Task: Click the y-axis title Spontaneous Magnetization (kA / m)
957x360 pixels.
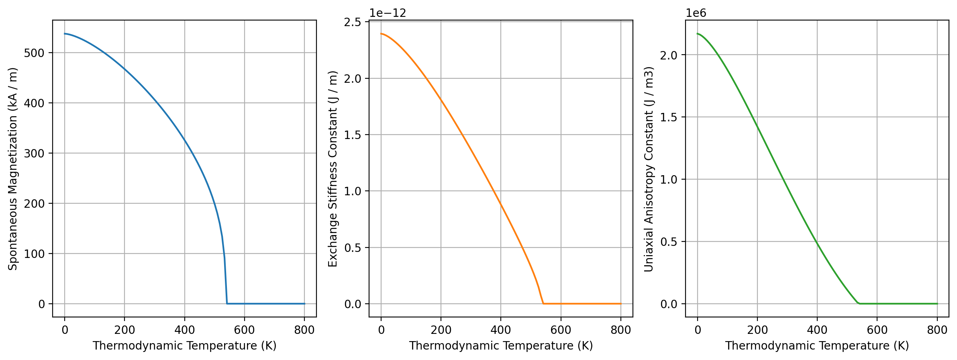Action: click(13, 169)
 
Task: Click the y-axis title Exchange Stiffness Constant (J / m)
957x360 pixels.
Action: click(333, 169)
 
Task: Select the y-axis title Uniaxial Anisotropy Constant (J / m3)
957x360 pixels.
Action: click(649, 169)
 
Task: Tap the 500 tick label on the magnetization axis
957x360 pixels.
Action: click(35, 53)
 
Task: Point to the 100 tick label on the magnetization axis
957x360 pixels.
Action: click(35, 254)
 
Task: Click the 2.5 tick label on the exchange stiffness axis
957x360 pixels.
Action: click(353, 22)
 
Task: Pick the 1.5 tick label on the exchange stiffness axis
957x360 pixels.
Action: click(353, 135)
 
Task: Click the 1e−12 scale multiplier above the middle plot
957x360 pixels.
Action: click(388, 13)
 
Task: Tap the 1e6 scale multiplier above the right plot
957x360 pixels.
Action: click(696, 13)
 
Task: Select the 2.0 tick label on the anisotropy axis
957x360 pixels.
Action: click(669, 55)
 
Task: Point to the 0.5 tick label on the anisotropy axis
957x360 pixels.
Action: click(669, 242)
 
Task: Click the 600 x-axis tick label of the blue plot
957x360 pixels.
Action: click(244, 330)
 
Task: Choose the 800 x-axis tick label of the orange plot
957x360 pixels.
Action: click(620, 330)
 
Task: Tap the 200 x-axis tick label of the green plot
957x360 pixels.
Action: click(757, 330)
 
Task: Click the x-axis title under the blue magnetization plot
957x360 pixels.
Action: click(184, 346)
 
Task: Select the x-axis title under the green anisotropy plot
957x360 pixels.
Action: click(817, 346)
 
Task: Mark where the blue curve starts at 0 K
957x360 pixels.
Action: click(65, 34)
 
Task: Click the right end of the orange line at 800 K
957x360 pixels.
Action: click(621, 304)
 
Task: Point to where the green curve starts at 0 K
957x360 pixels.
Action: click(698, 34)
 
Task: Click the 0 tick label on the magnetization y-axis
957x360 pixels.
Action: click(42, 304)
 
